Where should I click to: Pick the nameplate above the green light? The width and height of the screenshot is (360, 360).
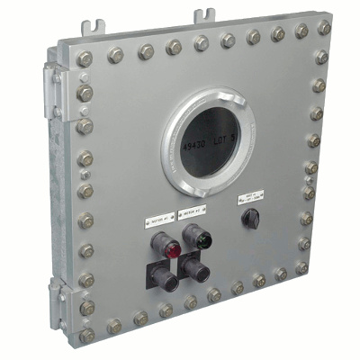click(x=193, y=212)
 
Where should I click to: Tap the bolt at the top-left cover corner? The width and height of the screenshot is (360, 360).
click(x=85, y=59)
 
